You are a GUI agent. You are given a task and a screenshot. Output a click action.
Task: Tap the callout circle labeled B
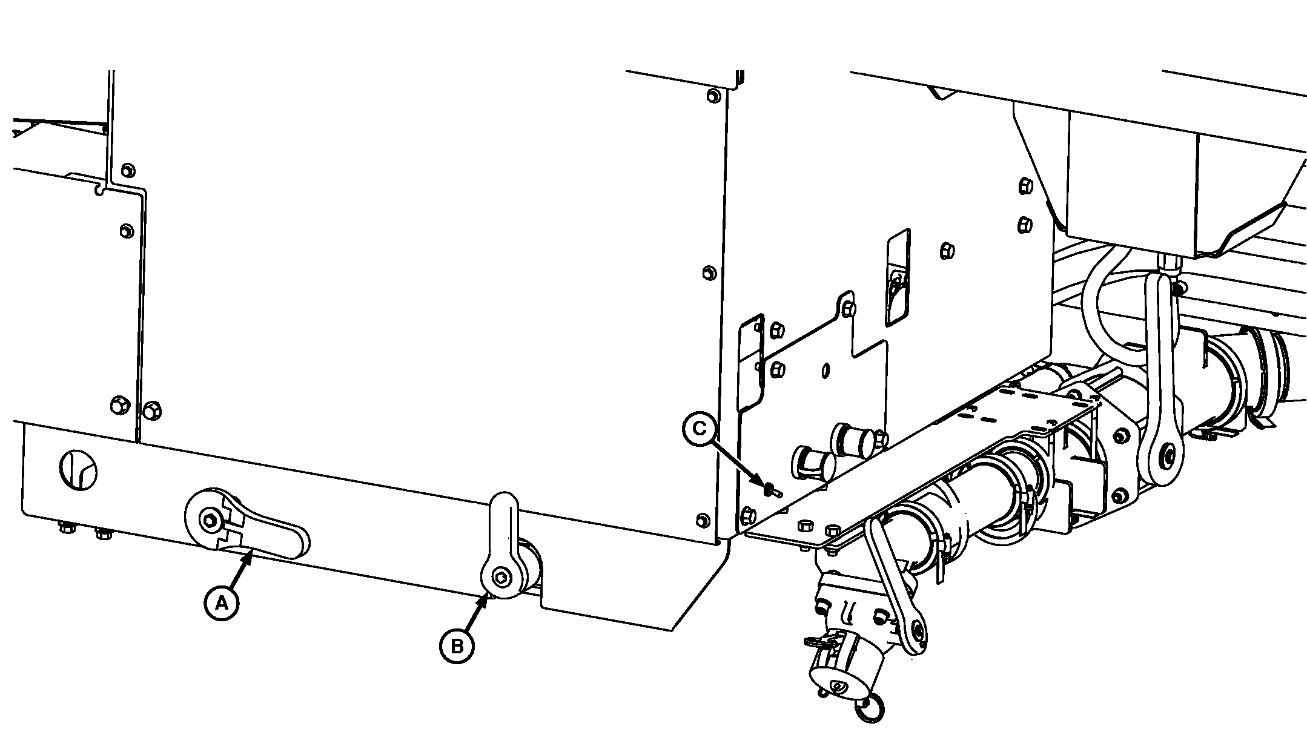click(x=457, y=647)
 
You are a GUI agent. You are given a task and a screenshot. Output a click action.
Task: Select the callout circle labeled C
click(x=700, y=429)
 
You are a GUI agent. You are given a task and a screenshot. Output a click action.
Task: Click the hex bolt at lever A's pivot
click(x=210, y=519)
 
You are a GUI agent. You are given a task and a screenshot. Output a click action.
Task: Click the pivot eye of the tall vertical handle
click(x=1163, y=455)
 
